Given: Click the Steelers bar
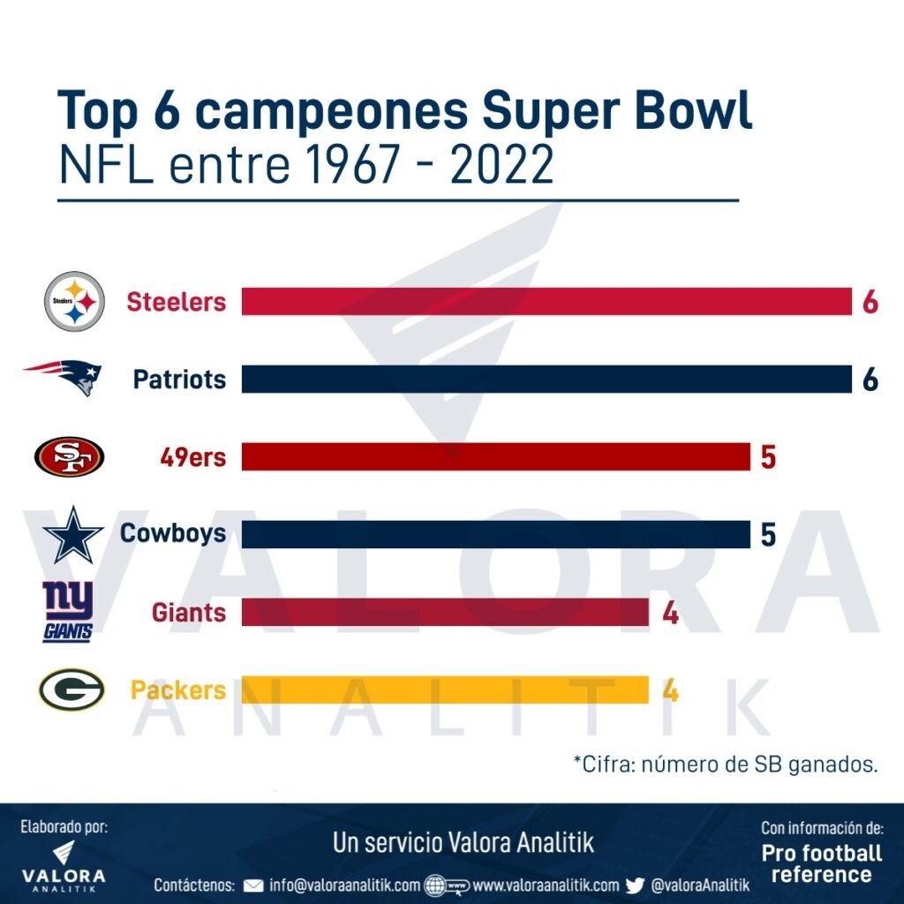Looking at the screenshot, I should [546, 302].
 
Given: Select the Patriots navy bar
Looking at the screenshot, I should [546, 380].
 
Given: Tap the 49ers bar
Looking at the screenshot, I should [494, 457].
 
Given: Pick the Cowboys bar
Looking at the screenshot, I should [494, 534].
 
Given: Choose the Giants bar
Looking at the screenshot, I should [445, 612].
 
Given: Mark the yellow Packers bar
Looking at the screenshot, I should [445, 689].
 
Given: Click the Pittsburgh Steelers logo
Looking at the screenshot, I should [75, 301].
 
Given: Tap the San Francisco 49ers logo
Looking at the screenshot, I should [69, 457].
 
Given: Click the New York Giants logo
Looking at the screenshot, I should [68, 612].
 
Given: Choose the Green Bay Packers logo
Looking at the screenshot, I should [72, 689].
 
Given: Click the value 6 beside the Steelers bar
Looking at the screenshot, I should [870, 302].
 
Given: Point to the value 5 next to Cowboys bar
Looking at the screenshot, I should [768, 534].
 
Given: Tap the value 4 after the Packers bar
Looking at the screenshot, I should [670, 689].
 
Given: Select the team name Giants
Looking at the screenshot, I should [189, 612].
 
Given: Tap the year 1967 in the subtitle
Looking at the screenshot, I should [368, 165].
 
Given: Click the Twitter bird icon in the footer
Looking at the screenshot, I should [635, 885].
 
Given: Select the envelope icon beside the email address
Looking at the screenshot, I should [253, 885].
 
